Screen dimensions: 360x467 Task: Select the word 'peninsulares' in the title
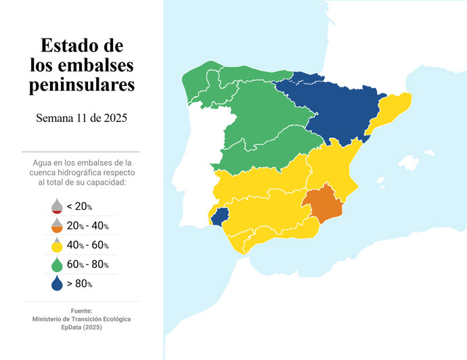[81, 85]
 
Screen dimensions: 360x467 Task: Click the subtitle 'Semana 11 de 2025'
[81, 118]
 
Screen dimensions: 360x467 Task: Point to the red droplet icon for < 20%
[57, 206]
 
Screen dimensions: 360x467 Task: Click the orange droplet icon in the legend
[57, 225]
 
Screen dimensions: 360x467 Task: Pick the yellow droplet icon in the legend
[57, 245]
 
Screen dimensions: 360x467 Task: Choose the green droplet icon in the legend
[57, 264]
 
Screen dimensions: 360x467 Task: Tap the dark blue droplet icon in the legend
[57, 284]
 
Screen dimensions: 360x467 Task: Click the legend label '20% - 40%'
[88, 226]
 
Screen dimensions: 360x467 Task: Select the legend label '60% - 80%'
[88, 265]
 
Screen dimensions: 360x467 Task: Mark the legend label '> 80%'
[80, 284]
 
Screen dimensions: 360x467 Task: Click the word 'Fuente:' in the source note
[81, 311]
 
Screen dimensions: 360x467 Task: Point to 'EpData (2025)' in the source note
[81, 327]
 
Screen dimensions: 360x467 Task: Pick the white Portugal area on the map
[203, 149]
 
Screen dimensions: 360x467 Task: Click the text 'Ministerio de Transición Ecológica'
[81, 319]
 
